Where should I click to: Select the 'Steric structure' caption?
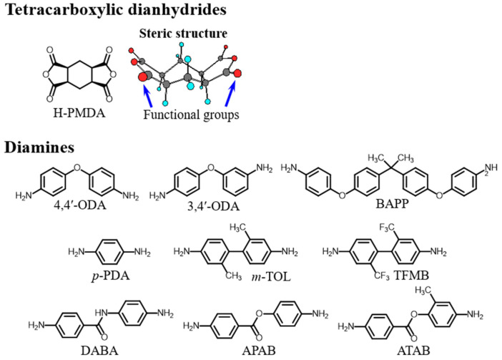[187, 33]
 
